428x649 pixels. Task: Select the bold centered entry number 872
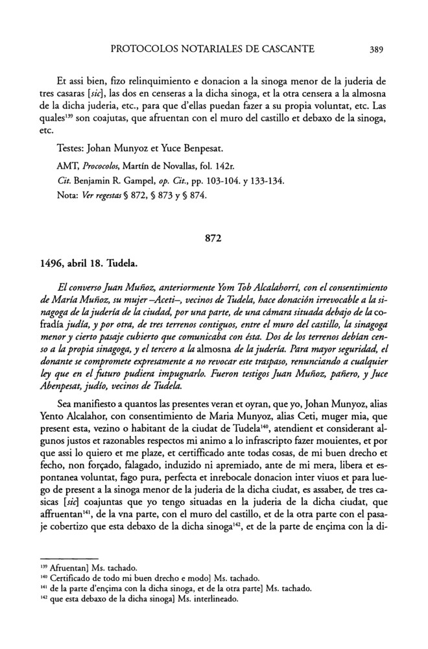click(214, 238)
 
